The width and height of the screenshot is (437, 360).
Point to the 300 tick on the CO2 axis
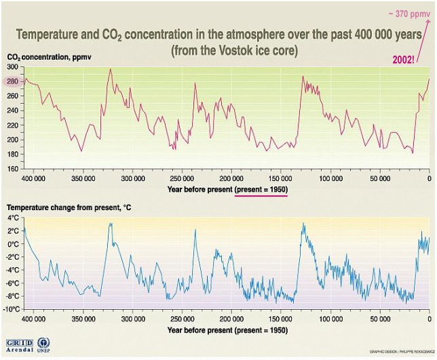point(14,68)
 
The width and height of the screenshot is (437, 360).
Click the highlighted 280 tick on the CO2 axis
point(14,82)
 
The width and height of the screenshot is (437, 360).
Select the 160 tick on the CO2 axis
point(14,168)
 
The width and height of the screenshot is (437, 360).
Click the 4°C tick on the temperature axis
point(14,219)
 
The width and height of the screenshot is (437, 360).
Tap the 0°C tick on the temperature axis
point(14,245)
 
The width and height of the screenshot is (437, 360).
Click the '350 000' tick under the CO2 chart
point(83,178)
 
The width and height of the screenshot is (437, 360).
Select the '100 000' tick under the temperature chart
point(330,320)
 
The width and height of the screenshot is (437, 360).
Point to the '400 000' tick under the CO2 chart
point(33,178)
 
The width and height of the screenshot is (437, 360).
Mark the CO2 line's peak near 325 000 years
point(111,69)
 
